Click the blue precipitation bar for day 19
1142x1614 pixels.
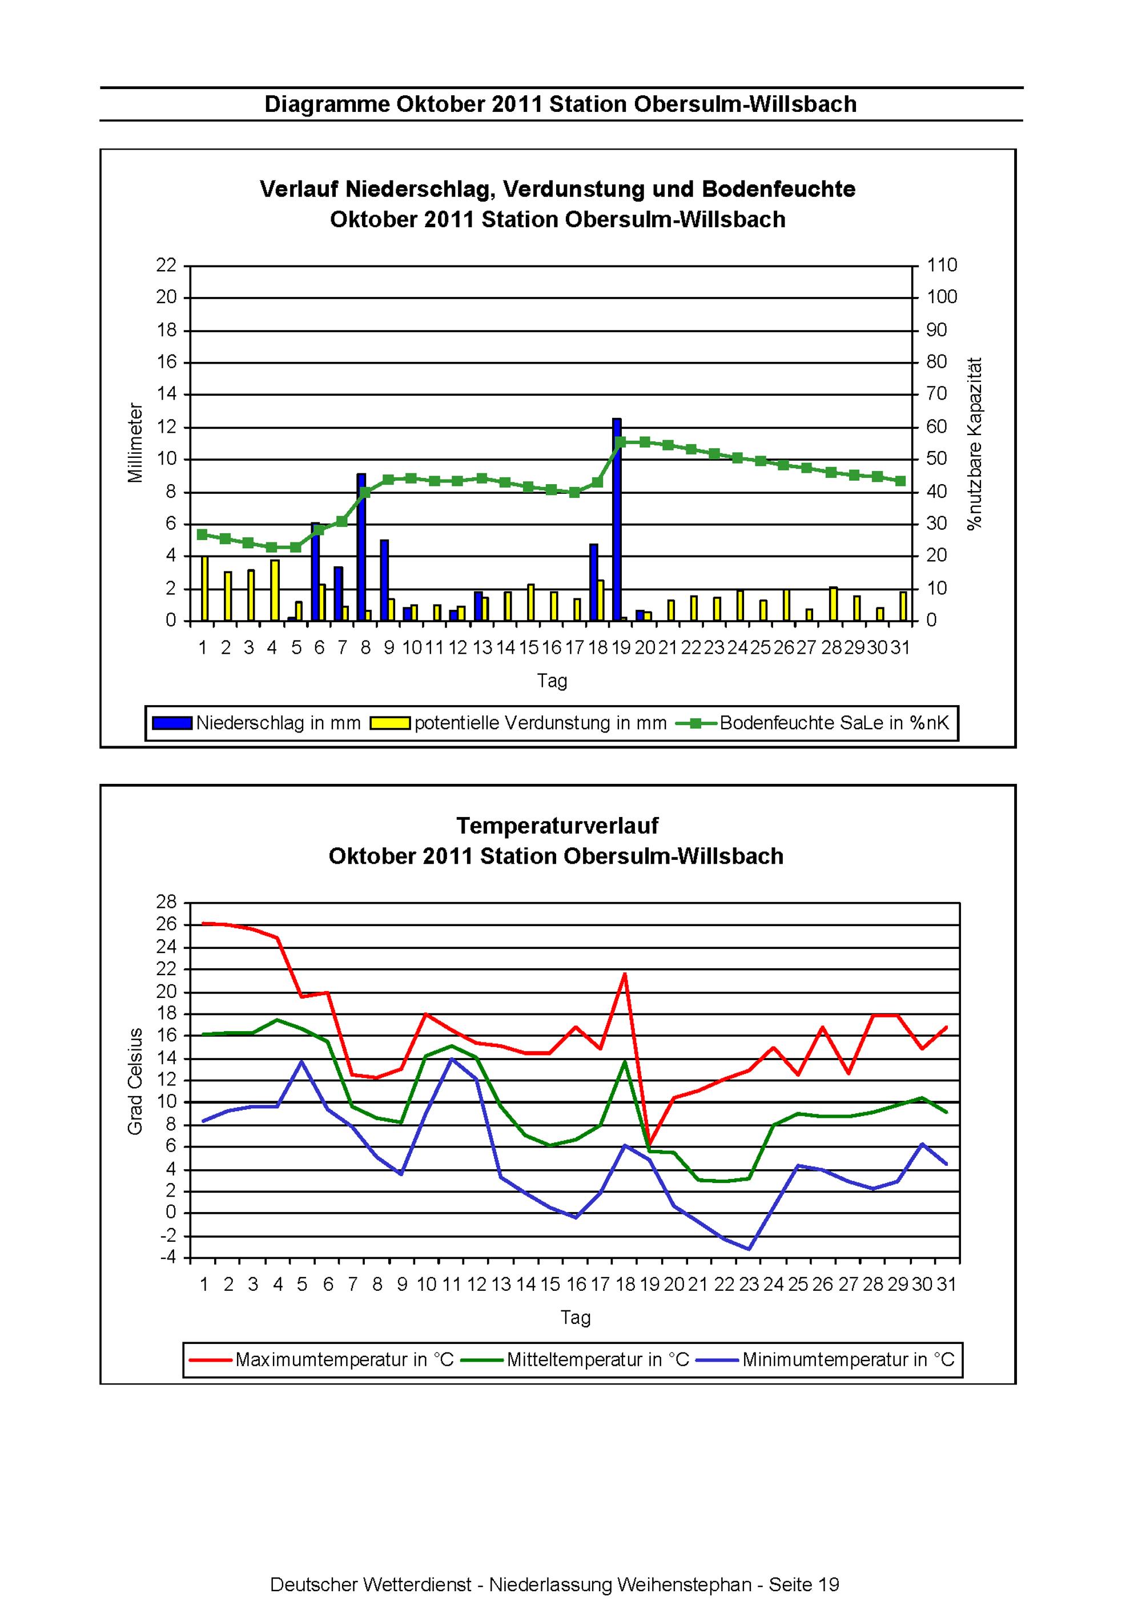click(617, 520)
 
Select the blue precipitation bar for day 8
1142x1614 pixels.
click(361, 547)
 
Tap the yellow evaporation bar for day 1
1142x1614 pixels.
click(204, 589)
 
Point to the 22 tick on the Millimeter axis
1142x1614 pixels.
click(167, 265)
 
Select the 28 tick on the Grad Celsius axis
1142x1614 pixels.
click(168, 903)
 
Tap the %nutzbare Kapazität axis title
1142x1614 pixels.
click(975, 444)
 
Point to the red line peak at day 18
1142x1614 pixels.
click(625, 973)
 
